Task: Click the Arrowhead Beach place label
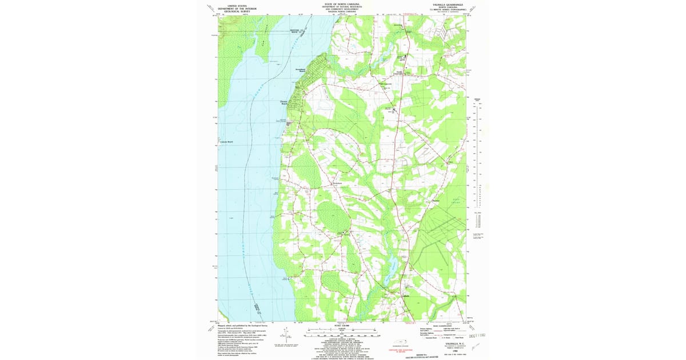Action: [301, 70]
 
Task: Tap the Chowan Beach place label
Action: [284, 103]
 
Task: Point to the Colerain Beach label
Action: [226, 142]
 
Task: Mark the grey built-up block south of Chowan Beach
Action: [289, 123]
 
